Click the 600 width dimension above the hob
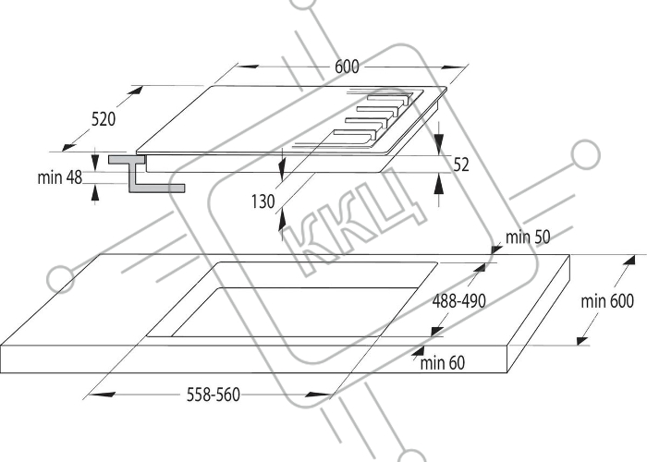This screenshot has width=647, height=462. pos(347,67)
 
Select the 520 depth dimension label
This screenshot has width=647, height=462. pos(104,119)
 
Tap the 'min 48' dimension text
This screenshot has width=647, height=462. pos(60,177)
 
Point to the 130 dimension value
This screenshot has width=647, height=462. pos(262,201)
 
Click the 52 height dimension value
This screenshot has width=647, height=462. pos(461,164)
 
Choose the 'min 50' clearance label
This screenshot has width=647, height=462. pos(528,237)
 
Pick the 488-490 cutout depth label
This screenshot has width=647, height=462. pos(458,301)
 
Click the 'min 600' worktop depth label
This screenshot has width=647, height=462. pos(607,301)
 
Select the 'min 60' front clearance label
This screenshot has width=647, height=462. pos(443,363)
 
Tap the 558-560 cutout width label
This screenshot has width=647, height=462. pos(214,395)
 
